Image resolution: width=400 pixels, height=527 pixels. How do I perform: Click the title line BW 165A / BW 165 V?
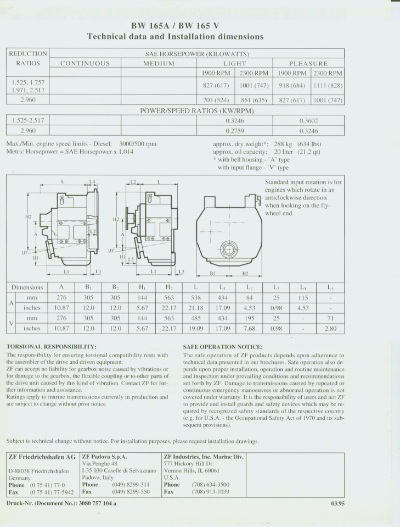coord(175,25)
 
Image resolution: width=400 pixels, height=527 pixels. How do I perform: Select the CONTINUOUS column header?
coord(85,63)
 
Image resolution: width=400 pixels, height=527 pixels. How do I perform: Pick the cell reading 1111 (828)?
coord(328,86)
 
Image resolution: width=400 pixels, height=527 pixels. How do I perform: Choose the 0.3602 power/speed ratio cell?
coord(309,121)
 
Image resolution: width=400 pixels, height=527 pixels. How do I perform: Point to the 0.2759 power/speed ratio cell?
coord(234,131)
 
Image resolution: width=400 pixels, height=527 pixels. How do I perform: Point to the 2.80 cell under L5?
coord(330,329)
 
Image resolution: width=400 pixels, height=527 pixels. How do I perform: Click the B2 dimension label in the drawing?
coord(245,273)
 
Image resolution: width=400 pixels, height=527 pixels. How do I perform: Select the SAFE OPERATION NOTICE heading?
coord(222,347)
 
